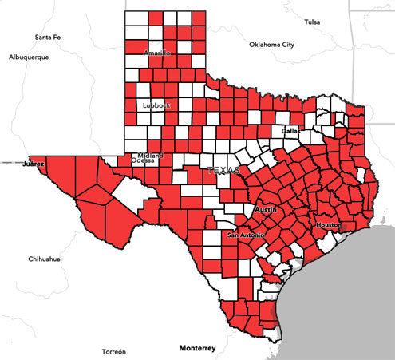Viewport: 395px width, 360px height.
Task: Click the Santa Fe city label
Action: (x=48, y=38)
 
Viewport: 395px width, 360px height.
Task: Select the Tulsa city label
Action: (x=311, y=22)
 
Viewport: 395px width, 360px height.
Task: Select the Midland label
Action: (x=150, y=155)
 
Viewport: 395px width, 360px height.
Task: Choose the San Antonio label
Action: (x=244, y=235)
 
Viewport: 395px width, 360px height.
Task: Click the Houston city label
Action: (x=328, y=226)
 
